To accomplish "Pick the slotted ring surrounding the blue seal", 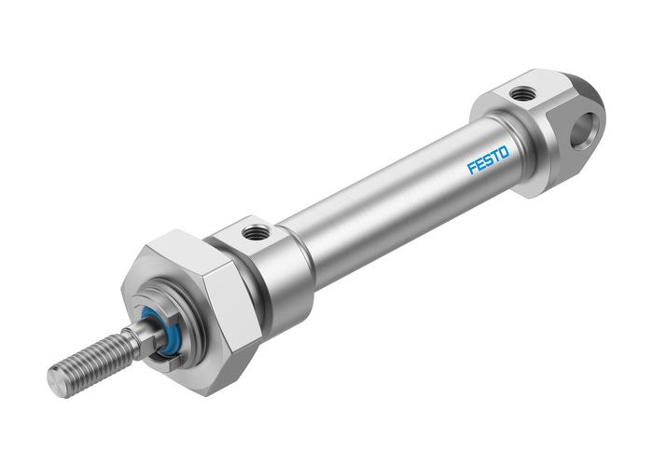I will [168, 322].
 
